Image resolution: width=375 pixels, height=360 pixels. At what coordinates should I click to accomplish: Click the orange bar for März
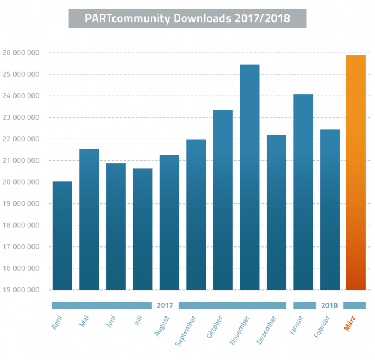tap(356, 172)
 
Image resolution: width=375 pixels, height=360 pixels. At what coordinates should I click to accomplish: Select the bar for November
tap(249, 177)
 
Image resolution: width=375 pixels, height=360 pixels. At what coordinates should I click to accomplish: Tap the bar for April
tap(62, 235)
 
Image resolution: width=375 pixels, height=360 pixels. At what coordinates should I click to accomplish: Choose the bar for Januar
tap(303, 192)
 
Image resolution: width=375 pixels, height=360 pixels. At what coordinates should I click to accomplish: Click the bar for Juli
tap(142, 229)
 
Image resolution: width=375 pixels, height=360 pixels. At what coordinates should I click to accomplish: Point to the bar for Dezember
tap(276, 212)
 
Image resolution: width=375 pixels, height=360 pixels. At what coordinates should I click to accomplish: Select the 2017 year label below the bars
tap(165, 305)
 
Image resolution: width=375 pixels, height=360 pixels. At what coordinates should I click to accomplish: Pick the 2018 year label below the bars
tap(329, 305)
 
